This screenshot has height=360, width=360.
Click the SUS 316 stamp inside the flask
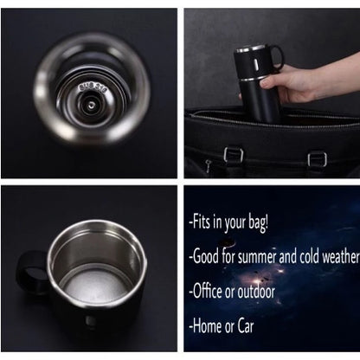click(x=89, y=86)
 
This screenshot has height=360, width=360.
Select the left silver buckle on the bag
click(x=231, y=155)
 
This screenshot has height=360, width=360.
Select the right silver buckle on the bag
click(x=317, y=158)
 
